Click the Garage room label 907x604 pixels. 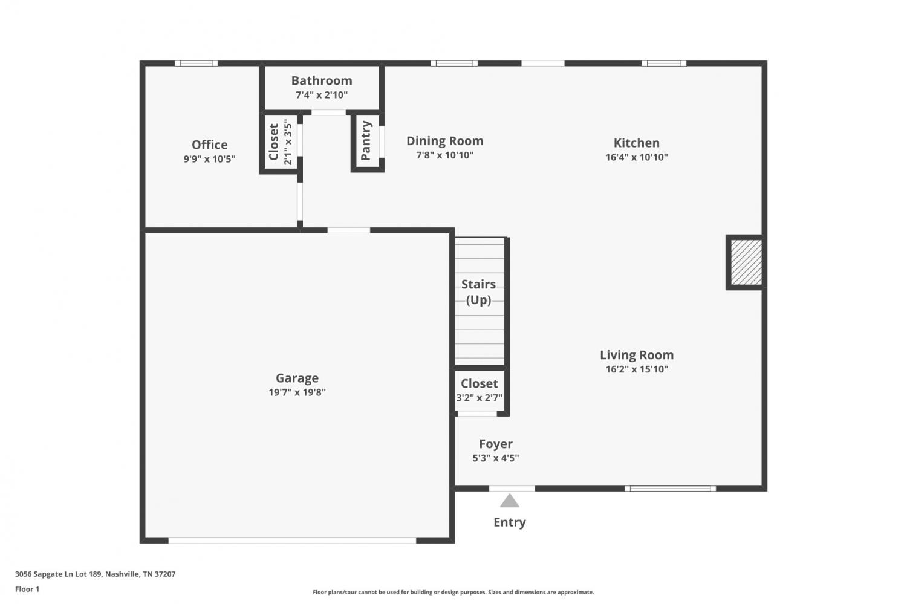click(x=297, y=378)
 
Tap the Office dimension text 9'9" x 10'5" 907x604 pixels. click(x=209, y=158)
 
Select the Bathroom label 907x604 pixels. click(x=322, y=80)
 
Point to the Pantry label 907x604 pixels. click(x=366, y=140)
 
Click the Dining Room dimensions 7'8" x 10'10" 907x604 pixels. click(x=444, y=155)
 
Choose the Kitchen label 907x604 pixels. click(x=637, y=143)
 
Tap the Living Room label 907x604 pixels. click(x=637, y=355)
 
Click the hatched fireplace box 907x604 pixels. click(x=746, y=262)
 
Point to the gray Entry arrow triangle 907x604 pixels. click(x=509, y=501)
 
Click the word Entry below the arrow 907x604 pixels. click(x=509, y=522)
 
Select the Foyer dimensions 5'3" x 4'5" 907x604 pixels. click(x=496, y=458)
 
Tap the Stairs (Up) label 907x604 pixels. click(x=479, y=292)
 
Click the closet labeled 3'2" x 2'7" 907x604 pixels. click(x=480, y=390)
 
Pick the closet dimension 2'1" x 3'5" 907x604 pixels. click(x=288, y=141)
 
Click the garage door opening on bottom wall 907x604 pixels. click(x=292, y=541)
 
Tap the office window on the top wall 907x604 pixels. click(x=197, y=63)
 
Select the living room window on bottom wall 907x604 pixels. click(x=670, y=489)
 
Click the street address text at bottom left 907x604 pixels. click(x=95, y=574)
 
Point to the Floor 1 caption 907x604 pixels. click(x=27, y=589)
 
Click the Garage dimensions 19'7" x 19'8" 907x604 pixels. click(x=297, y=392)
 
